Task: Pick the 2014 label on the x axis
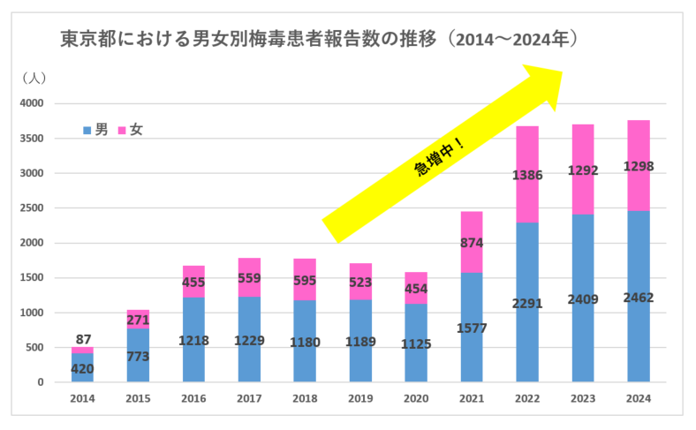pos(82,398)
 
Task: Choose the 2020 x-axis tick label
pos(415,398)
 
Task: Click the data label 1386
pos(526,176)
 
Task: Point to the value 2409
pos(582,298)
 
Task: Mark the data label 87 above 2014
pos(82,339)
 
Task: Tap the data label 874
pos(471,244)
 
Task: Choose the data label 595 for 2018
pos(304,283)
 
